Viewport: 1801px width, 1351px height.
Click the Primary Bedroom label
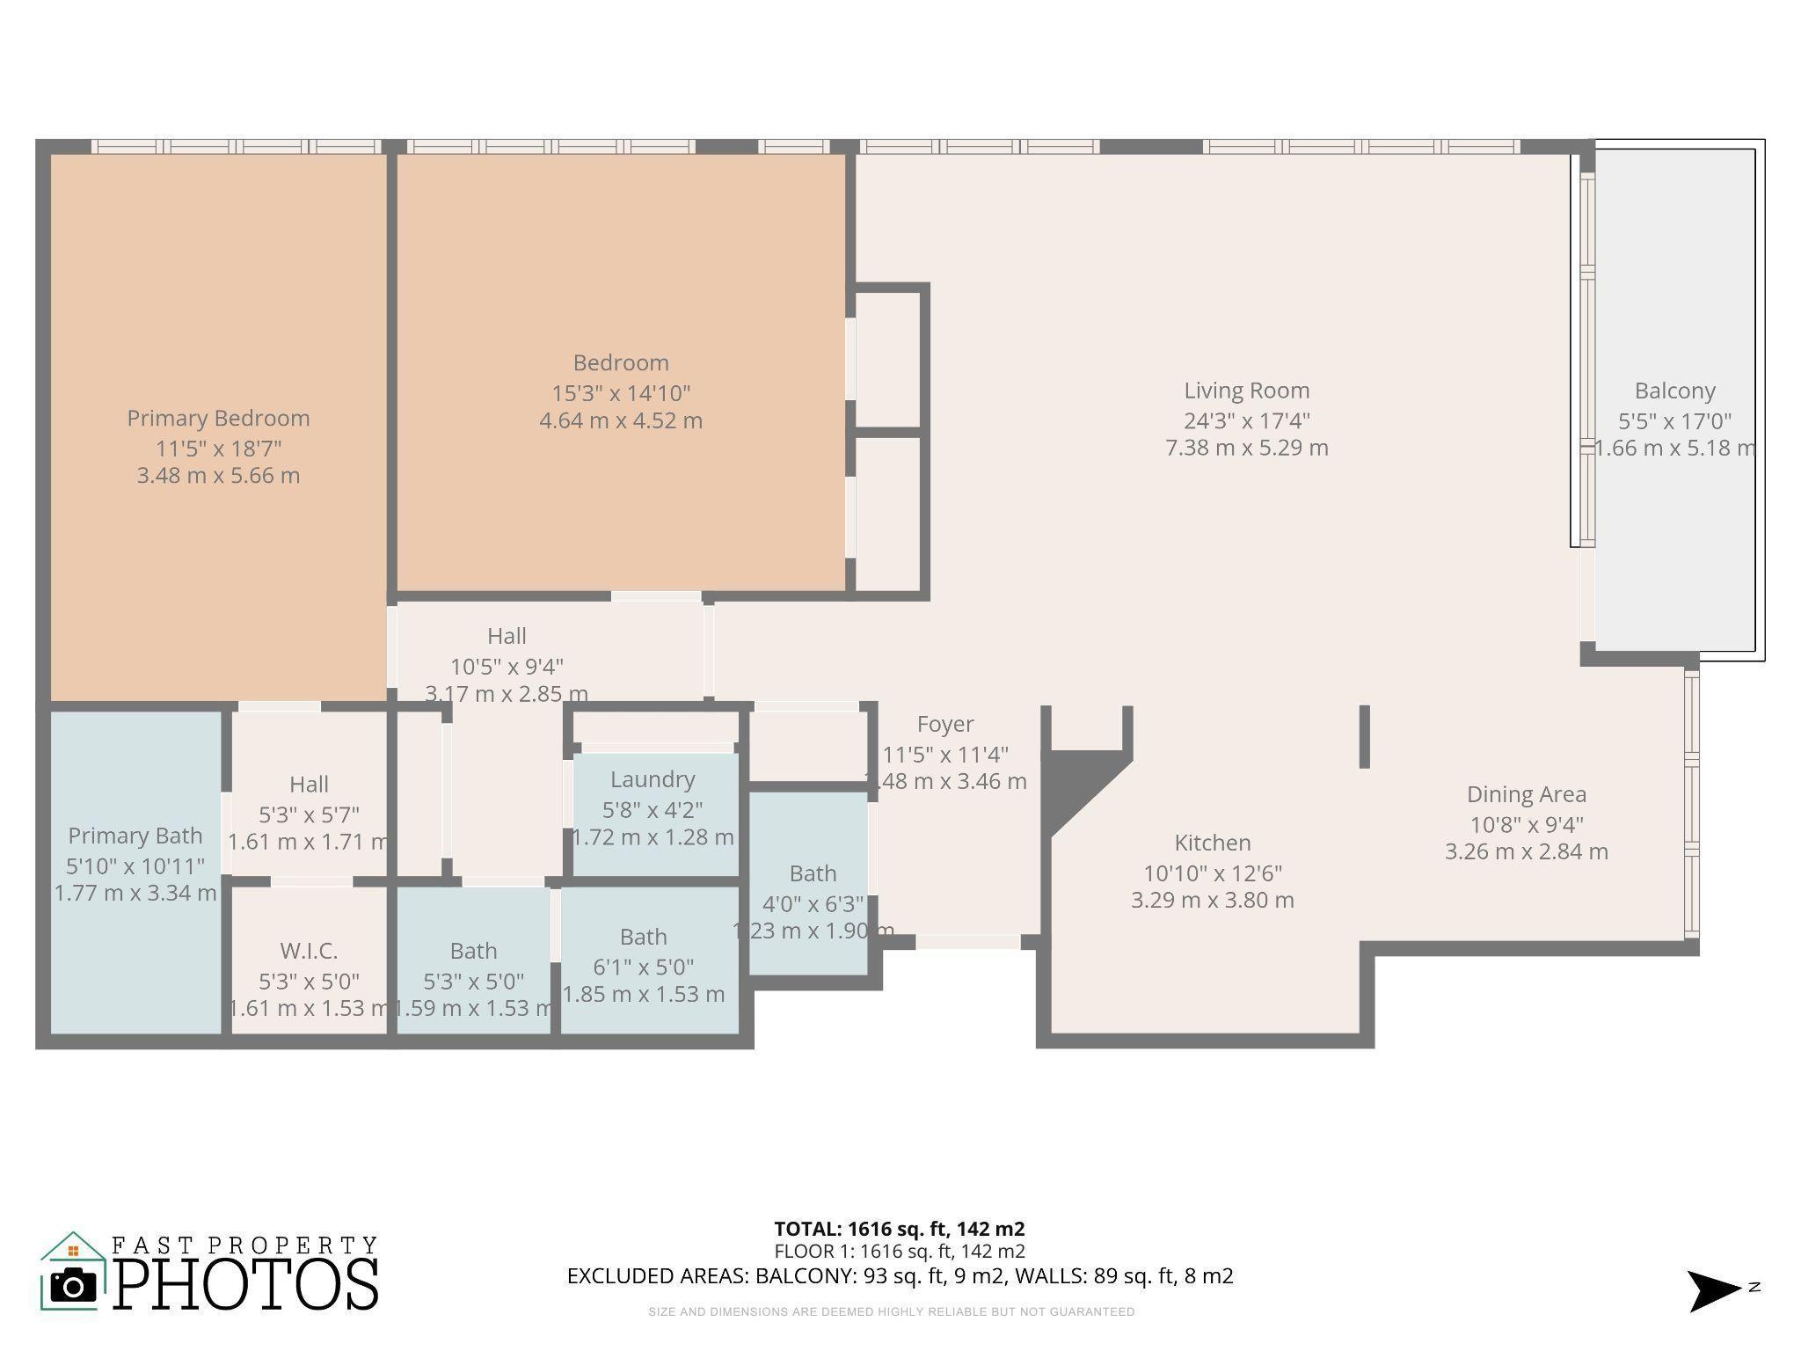pos(218,419)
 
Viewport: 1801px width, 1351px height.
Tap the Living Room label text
pos(1246,391)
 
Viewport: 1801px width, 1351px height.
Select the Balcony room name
pos(1674,391)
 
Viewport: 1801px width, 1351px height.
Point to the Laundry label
pos(653,779)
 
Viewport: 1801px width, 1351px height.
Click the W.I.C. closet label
pos(309,951)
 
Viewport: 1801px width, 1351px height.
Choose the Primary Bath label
pos(135,836)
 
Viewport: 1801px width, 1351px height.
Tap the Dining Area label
pos(1526,794)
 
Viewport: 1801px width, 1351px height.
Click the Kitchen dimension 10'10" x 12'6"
pos(1212,873)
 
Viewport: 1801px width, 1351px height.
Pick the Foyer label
pos(945,724)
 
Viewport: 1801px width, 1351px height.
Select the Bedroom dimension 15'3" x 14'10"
pos(621,393)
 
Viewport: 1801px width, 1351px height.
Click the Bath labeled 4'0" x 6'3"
pos(813,873)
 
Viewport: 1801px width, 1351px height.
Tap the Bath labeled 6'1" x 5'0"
pos(643,937)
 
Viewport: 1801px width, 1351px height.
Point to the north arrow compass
pos(1713,1290)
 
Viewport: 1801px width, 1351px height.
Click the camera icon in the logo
pos(73,1286)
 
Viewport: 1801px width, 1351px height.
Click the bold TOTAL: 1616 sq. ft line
pos(899,1229)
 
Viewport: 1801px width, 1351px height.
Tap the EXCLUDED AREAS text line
pos(900,1275)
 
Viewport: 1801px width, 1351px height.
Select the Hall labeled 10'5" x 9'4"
pos(507,636)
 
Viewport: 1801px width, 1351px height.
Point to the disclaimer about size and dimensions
pos(891,1311)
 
